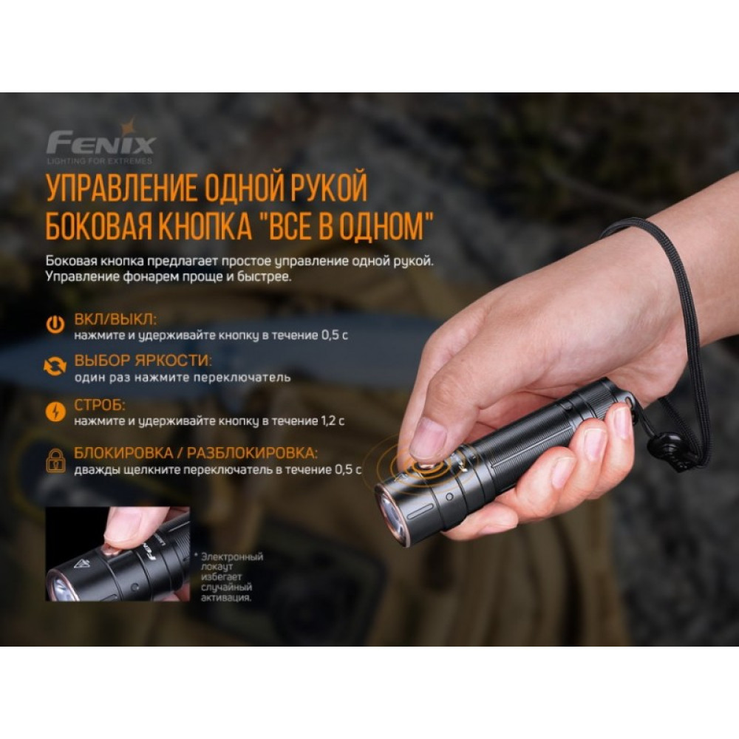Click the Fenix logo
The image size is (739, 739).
[x=101, y=140]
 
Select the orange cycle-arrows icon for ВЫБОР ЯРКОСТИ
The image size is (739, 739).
[x=55, y=367]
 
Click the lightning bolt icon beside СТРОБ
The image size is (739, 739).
[x=55, y=411]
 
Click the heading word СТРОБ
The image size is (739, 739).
[x=100, y=406]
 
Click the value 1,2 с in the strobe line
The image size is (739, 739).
[x=333, y=420]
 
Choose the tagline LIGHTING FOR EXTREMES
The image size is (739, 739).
[x=100, y=160]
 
